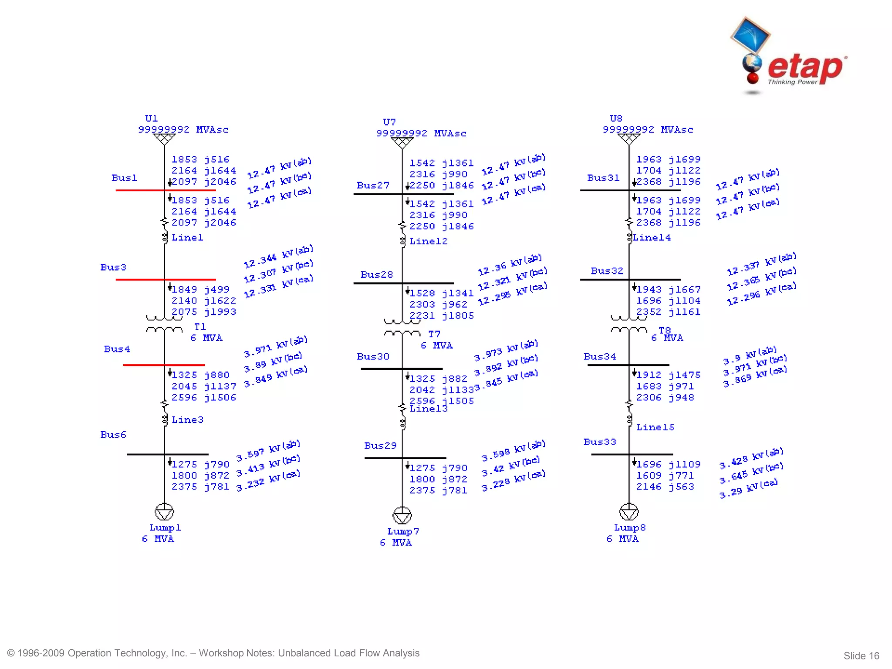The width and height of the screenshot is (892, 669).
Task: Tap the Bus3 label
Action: [x=113, y=267]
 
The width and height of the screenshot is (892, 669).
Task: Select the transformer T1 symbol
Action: [x=164, y=324]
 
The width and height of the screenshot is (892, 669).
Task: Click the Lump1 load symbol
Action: [x=164, y=512]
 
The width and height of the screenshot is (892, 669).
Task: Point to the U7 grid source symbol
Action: [x=402, y=142]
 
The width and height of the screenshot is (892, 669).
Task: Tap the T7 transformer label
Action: [x=434, y=334]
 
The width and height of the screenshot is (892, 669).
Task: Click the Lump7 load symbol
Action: [x=402, y=515]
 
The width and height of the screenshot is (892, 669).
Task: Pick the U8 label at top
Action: [x=616, y=118]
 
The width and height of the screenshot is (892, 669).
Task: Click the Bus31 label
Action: [x=603, y=178]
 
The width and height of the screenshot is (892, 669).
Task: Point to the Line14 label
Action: [x=652, y=237]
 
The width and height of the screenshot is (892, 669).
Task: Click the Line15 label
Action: [x=655, y=427]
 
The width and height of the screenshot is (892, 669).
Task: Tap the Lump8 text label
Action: [x=630, y=527]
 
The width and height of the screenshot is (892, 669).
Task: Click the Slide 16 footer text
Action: [x=861, y=655]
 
